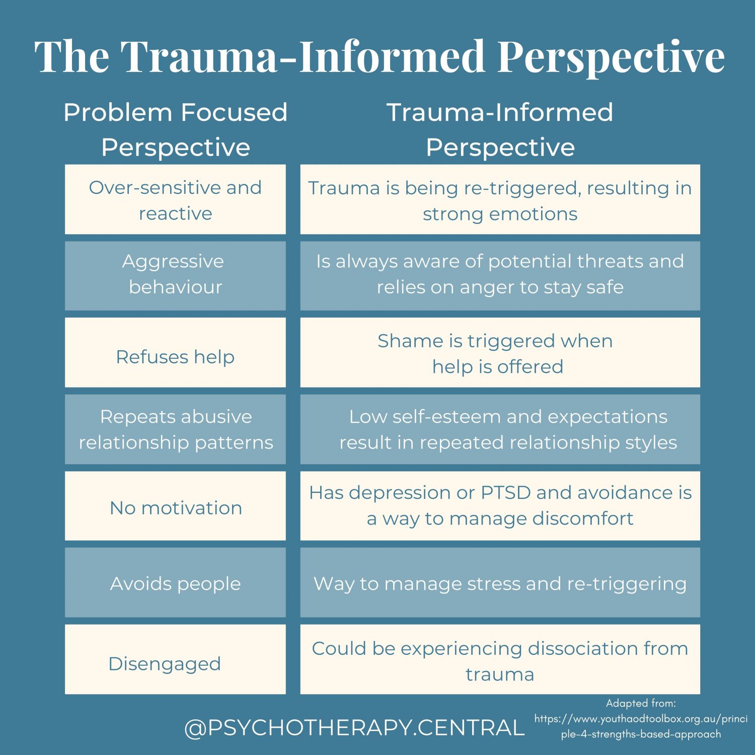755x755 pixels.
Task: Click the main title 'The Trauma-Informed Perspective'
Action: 379,56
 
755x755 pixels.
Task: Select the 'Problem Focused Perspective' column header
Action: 175,129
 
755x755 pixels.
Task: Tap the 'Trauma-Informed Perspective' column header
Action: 500,129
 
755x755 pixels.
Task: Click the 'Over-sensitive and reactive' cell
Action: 175,200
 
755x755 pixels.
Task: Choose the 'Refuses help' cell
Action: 175,353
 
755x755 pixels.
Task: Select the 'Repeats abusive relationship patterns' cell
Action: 175,429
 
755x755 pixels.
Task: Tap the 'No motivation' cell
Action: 175,506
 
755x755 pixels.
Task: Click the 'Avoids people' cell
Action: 175,583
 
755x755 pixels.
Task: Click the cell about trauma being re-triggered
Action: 500,200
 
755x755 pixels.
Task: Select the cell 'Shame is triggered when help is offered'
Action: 500,353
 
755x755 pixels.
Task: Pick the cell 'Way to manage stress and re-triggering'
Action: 500,583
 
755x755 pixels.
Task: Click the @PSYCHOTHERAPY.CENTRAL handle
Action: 354,728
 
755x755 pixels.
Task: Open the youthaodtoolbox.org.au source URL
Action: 641,726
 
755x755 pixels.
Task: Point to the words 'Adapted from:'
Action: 641,703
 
